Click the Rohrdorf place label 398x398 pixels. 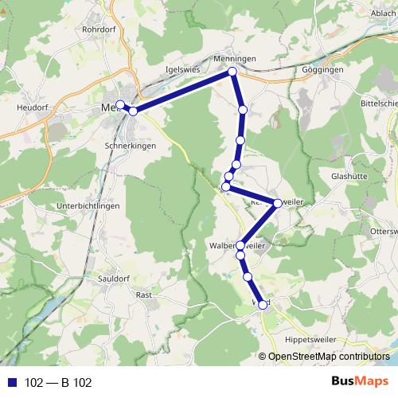coord(99,29)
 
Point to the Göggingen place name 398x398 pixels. coord(323,70)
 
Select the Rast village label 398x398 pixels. coord(144,295)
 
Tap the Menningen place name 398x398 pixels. coord(234,58)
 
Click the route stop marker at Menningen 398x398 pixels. coord(233,72)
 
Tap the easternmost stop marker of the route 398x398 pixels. coord(277,203)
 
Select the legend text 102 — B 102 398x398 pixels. coord(58,383)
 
